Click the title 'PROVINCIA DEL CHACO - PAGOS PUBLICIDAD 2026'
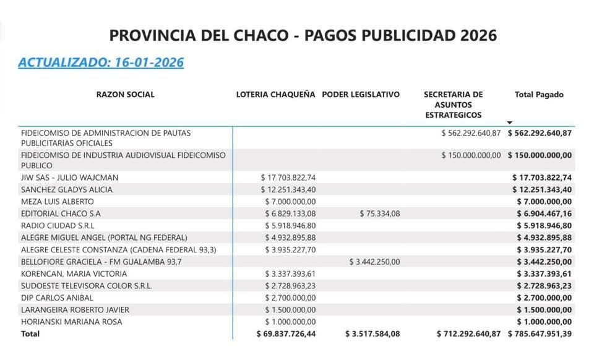pos(303,35)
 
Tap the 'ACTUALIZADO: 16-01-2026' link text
pos(101,62)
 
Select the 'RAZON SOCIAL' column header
pos(126,95)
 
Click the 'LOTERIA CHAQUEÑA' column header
pos(275,95)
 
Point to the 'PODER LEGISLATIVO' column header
pos(361,95)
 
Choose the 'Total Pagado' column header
pos(539,95)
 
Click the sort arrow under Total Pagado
pos(510,122)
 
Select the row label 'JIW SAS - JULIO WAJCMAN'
pos(69,178)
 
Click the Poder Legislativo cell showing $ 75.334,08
pos(380,213)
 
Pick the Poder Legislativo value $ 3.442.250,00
pos(374,262)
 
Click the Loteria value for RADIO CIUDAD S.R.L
pos(290,226)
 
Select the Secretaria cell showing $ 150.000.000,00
pos(471,155)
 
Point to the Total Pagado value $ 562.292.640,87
pos(540,133)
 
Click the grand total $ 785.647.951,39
pos(540,334)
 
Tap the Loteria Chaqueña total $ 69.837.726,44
pos(286,334)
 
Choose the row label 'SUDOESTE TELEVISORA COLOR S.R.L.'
pos(86,286)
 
